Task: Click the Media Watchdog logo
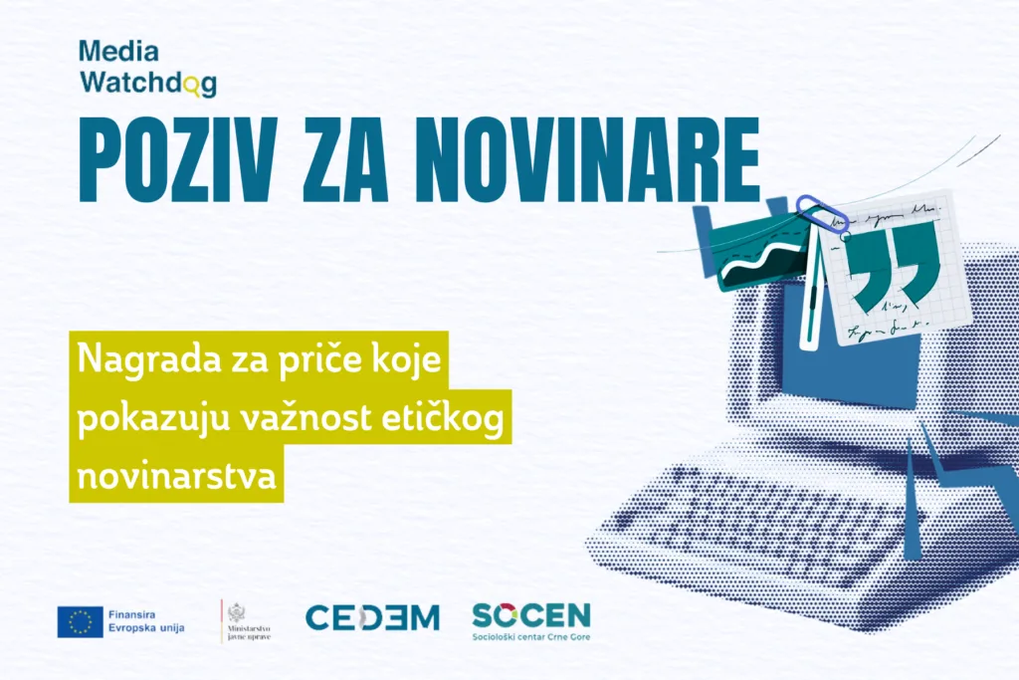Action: tap(147, 68)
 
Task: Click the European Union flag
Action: tap(80, 621)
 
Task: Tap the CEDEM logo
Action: tap(371, 617)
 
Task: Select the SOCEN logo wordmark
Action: tap(530, 613)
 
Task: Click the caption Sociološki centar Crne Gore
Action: tap(530, 635)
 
